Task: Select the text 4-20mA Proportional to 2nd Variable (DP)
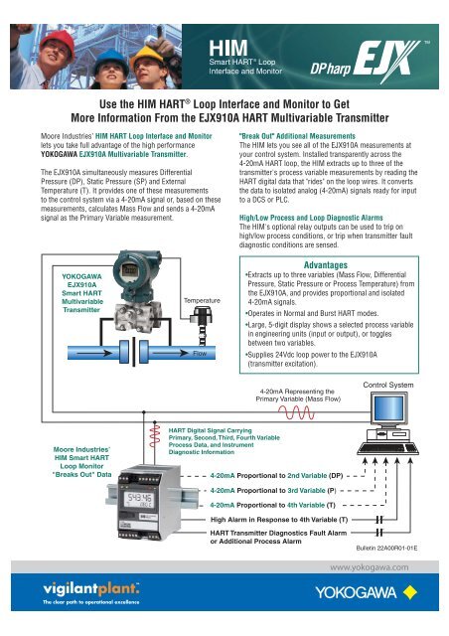[x=277, y=476]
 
